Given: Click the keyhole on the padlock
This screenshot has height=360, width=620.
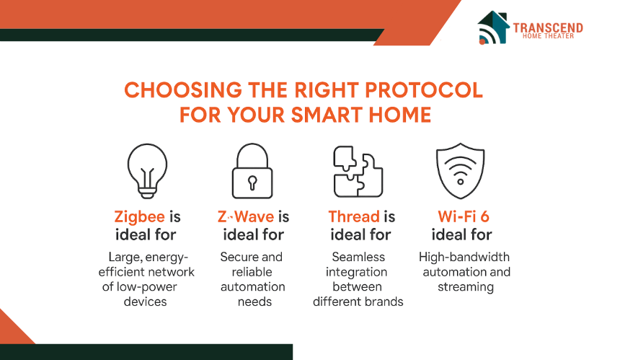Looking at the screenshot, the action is [x=252, y=183].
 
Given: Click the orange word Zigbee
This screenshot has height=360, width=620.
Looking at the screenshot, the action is [x=140, y=217].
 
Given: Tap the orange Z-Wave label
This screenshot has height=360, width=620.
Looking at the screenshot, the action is [x=246, y=216].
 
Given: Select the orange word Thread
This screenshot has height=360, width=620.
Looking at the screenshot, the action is [x=354, y=216].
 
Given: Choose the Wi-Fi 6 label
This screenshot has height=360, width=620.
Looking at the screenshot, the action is [x=464, y=216].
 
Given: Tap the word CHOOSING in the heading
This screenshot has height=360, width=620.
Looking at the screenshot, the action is [x=183, y=90].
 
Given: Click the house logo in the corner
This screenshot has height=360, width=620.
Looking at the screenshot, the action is [x=492, y=27].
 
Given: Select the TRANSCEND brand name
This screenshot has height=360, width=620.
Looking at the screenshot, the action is [x=548, y=27].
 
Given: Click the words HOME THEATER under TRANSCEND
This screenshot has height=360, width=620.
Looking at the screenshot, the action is [x=548, y=36].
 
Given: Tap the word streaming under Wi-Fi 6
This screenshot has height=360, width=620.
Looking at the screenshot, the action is [x=466, y=287].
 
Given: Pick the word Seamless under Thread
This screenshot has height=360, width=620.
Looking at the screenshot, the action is [x=358, y=257].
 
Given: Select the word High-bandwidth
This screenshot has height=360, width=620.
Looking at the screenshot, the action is [x=464, y=258].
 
